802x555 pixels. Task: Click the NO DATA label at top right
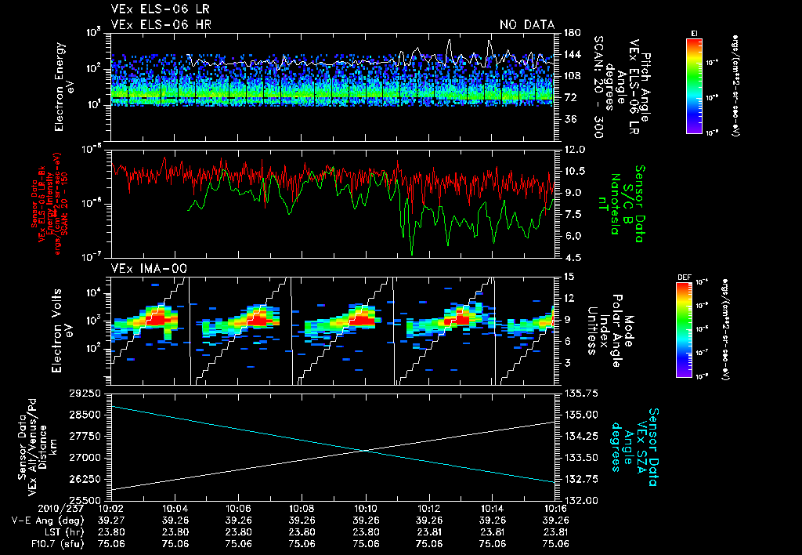526,24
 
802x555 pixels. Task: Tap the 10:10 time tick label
366,508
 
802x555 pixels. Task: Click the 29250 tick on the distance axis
85,392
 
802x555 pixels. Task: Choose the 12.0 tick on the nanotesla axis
574,149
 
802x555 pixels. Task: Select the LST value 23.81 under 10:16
555,530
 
